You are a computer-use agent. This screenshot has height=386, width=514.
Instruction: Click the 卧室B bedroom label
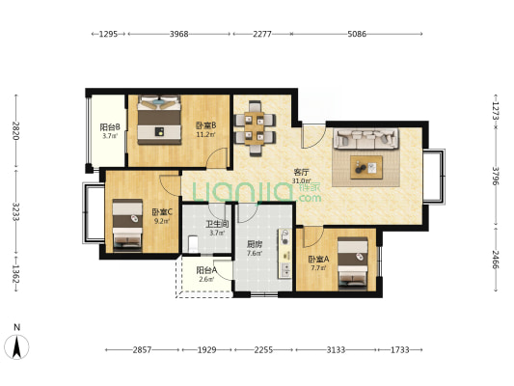205,125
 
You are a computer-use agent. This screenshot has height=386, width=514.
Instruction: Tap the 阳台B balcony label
110,126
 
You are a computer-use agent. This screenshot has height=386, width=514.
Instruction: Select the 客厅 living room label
301,172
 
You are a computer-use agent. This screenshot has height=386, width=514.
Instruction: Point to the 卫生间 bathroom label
217,224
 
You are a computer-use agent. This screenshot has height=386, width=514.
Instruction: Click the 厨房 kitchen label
255,244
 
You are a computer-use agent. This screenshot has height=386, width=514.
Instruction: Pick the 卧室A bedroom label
318,260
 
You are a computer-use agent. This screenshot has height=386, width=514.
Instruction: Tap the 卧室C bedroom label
162,212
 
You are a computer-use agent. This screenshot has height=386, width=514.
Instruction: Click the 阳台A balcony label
206,270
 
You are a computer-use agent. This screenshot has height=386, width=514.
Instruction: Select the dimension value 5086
357,34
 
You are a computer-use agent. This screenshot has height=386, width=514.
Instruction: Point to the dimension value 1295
109,34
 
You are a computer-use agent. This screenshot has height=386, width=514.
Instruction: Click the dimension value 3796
495,176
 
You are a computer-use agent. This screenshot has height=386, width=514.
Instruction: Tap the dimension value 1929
206,350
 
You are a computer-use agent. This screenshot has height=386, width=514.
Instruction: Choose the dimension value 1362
15,274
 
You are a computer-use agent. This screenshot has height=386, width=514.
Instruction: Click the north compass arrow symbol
16,347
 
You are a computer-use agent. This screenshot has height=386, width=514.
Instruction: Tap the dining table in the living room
255,128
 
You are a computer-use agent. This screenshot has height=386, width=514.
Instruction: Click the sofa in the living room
365,139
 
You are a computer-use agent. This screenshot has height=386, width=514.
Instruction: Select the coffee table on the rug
366,167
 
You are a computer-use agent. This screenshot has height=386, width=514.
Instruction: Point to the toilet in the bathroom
193,244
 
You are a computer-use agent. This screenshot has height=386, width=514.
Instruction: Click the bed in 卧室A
353,263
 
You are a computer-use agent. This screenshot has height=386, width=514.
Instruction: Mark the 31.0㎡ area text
301,180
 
